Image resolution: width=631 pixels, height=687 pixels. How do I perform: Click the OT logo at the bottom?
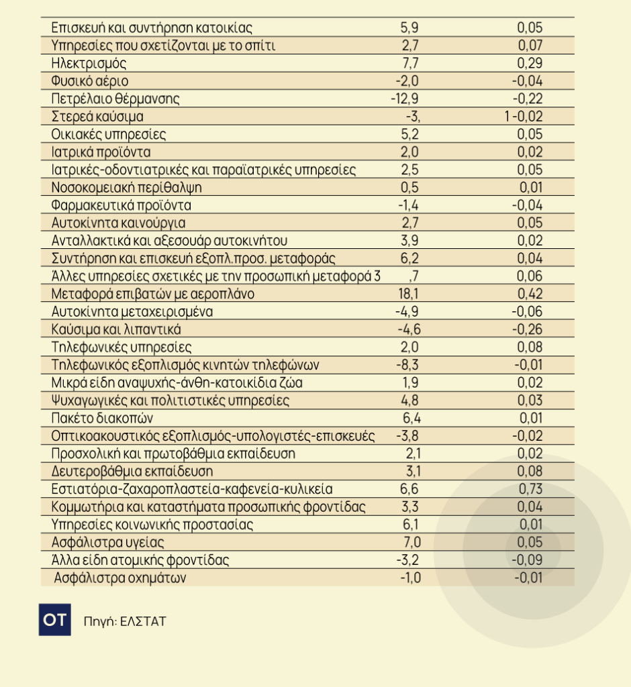pyautogui.click(x=54, y=621)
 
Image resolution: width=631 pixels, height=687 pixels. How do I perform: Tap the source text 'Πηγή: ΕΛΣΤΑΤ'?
pyautogui.click(x=125, y=621)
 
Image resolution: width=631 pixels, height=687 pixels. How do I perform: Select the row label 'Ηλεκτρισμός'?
pyautogui.click(x=89, y=64)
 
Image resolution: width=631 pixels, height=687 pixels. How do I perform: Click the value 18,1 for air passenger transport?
pyautogui.click(x=409, y=294)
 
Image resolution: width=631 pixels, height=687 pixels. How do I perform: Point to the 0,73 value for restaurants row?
pyautogui.click(x=530, y=488)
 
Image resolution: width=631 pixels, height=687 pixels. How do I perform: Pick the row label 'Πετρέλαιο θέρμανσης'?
pyautogui.click(x=115, y=99)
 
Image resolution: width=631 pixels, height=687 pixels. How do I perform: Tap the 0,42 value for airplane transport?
pyautogui.click(x=530, y=294)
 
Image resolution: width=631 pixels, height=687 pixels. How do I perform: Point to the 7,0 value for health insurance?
pyautogui.click(x=410, y=542)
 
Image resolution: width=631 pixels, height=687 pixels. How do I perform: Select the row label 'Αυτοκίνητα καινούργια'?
pyautogui.click(x=118, y=223)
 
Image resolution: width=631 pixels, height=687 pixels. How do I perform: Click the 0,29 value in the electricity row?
pyautogui.click(x=530, y=64)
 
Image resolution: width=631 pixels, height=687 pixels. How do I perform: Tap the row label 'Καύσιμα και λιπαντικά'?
pyautogui.click(x=115, y=329)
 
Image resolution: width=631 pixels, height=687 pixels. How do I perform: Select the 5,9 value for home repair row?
pyautogui.click(x=410, y=28)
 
